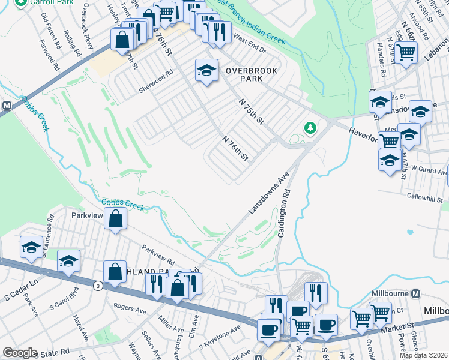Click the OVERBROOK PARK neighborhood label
click(252, 74)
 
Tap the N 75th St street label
click(252, 112)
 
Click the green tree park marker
click(310, 128)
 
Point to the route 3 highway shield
click(97, 287)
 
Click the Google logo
click(20, 353)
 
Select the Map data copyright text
click(424, 355)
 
